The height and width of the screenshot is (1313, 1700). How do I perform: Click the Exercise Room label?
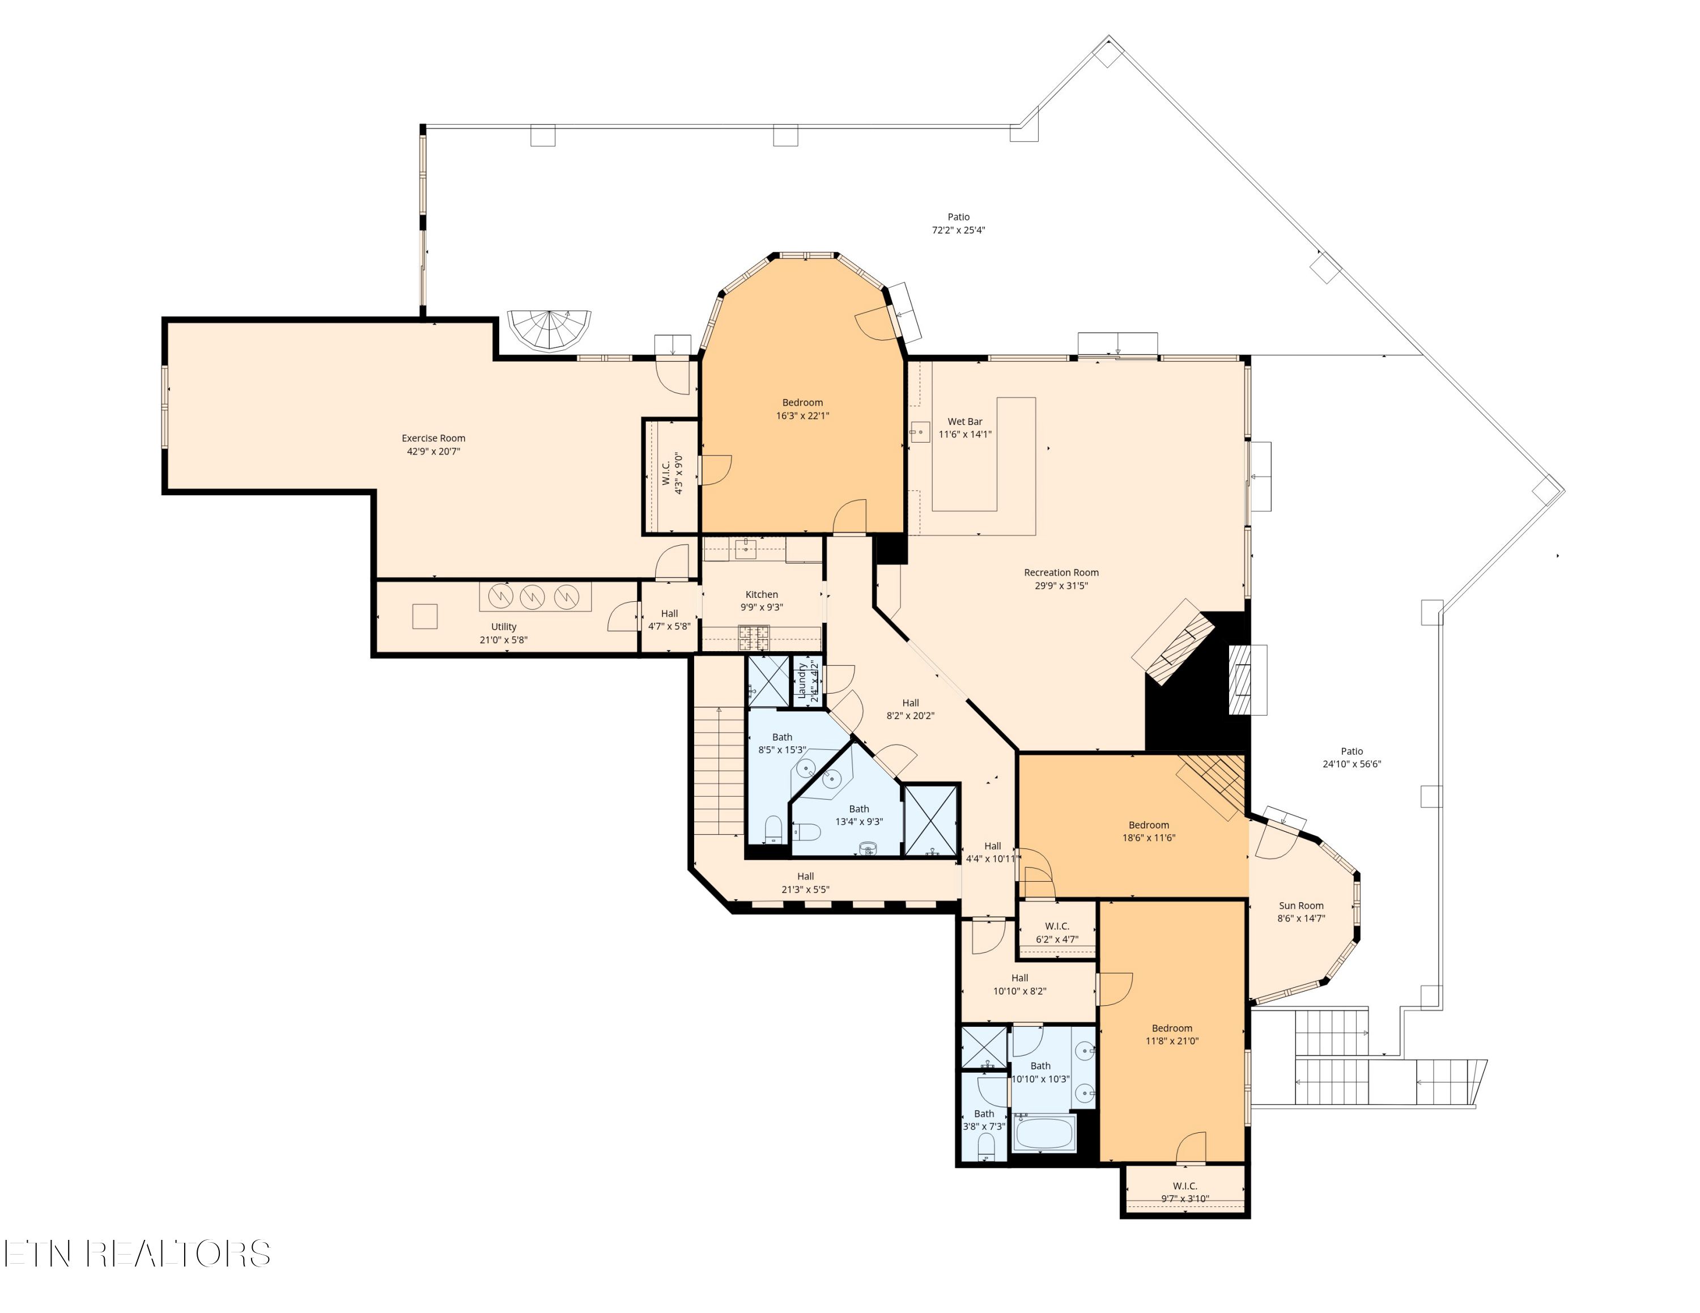tap(433, 438)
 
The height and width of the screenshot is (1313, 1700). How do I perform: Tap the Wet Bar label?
tap(965, 422)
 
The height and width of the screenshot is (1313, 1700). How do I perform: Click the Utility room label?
tap(504, 627)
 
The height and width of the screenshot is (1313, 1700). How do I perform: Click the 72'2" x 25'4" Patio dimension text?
tap(959, 231)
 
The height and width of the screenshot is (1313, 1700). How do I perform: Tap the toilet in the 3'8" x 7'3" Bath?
tap(986, 1146)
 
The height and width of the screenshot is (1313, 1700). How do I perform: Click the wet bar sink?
tap(920, 432)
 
